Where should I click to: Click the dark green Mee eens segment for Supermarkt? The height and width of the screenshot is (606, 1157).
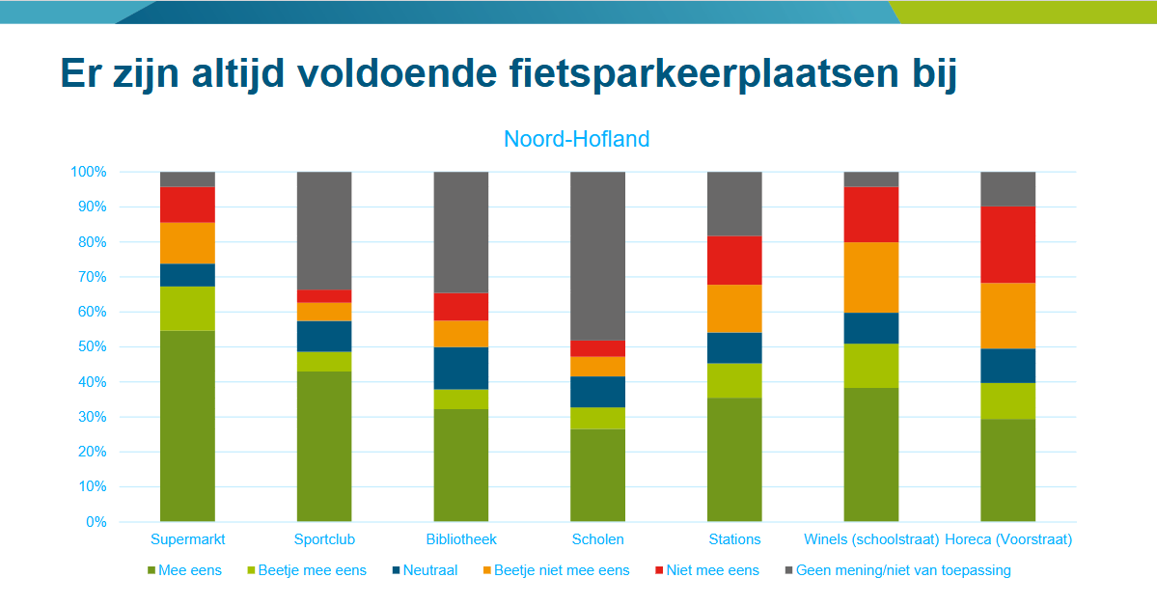click(187, 426)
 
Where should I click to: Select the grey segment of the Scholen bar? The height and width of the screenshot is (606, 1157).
click(598, 256)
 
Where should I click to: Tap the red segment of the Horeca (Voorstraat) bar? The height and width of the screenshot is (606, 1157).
click(1007, 244)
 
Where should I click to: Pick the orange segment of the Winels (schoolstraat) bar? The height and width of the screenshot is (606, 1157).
click(871, 277)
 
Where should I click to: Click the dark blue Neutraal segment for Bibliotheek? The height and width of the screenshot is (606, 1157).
click(461, 368)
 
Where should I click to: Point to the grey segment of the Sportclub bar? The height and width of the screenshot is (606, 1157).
click(324, 231)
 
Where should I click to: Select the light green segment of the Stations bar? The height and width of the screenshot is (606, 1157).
click(734, 380)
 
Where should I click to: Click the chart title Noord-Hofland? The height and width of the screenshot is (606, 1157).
click(577, 139)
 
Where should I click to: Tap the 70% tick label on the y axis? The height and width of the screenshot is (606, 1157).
click(88, 277)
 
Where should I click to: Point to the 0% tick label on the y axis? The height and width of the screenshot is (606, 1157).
click(95, 522)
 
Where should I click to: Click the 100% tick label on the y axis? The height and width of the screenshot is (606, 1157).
click(88, 172)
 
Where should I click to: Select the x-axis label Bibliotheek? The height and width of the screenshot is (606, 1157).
click(461, 539)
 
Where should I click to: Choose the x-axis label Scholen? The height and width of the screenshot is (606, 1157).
click(598, 539)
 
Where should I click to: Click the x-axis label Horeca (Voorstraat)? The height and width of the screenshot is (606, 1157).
click(1008, 539)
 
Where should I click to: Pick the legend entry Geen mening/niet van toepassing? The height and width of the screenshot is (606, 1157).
click(903, 570)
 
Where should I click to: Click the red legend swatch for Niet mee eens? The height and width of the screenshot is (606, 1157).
click(659, 570)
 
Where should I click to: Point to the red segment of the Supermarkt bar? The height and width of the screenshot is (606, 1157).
click(187, 205)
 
